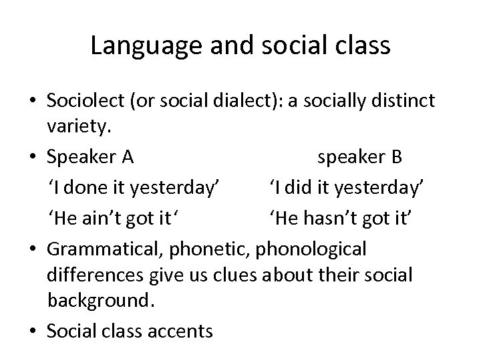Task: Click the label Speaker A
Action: [x=91, y=157]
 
